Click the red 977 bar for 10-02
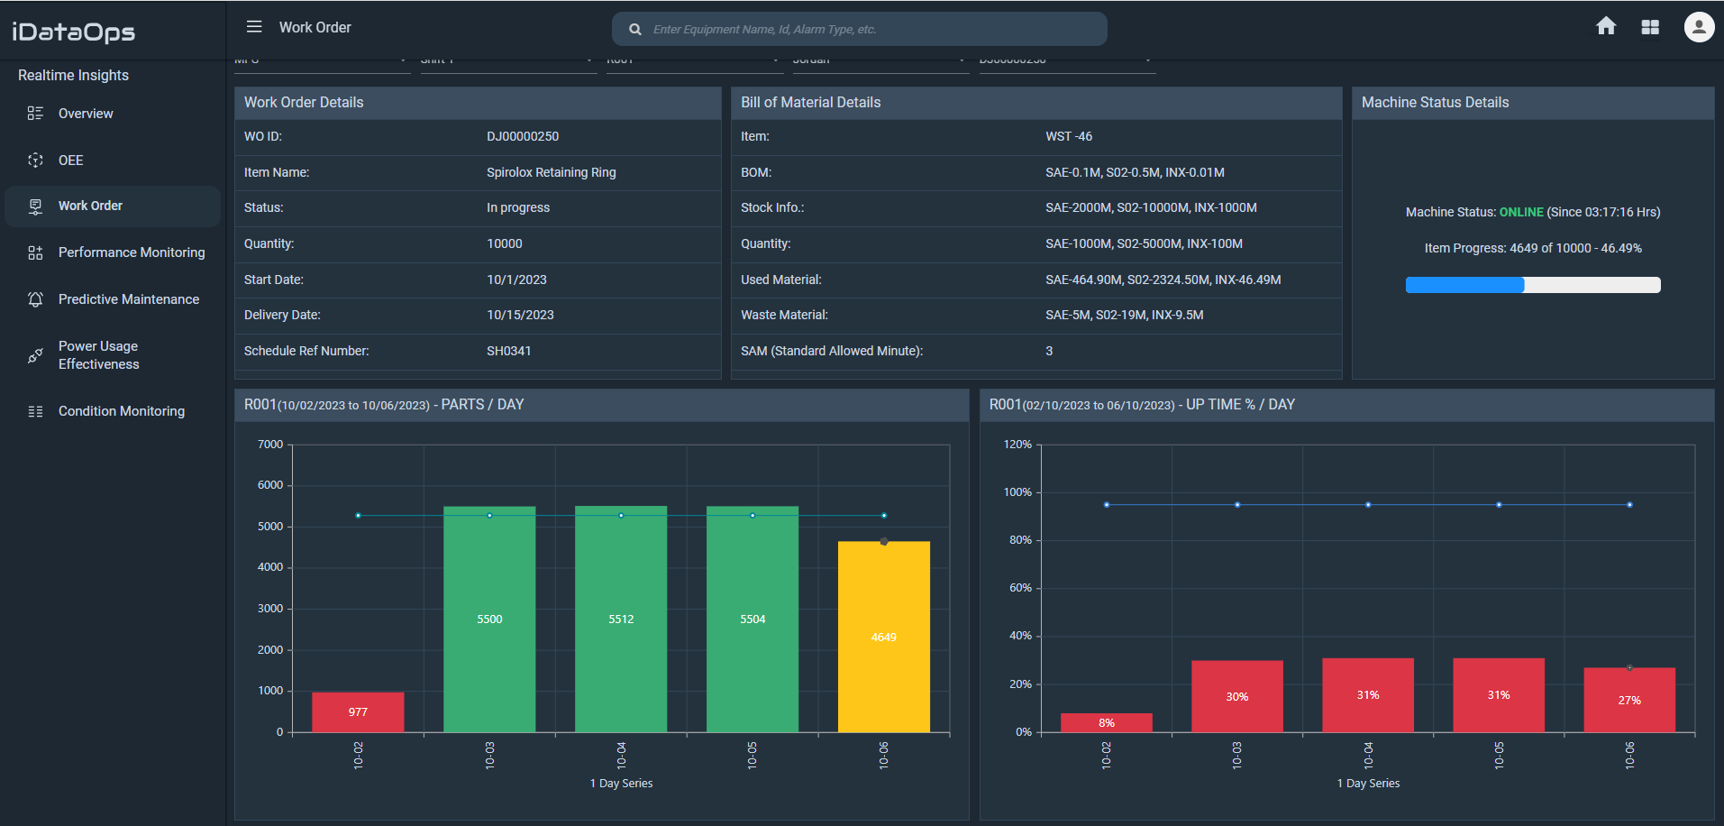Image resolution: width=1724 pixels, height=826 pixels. tap(358, 711)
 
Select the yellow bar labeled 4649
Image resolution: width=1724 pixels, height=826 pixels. tap(883, 637)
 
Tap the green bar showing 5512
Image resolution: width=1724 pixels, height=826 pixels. tap(621, 619)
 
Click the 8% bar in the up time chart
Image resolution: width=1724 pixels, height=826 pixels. tap(1106, 722)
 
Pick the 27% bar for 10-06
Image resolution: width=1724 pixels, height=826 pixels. tap(1628, 699)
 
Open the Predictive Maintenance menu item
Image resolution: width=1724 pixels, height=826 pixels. tap(128, 299)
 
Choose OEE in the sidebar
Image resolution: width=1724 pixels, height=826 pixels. tap(70, 161)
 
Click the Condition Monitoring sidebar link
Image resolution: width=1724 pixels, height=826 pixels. tap(121, 411)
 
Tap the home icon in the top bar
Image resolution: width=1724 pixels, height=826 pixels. tap(1606, 27)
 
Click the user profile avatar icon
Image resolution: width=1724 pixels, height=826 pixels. tap(1699, 27)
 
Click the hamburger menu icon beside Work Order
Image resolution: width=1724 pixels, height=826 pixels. tap(254, 27)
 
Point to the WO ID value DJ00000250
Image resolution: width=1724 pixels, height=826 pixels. tap(523, 136)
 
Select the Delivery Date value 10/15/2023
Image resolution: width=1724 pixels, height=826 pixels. tap(520, 315)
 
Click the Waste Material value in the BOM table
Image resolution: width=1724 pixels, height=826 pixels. tap(1124, 315)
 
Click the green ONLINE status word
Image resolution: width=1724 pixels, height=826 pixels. tap(1521, 212)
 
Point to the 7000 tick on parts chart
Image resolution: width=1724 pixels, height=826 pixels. tap(270, 445)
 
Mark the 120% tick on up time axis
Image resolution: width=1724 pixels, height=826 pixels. tap(1017, 445)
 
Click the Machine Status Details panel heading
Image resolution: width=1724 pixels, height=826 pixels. tap(1435, 103)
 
